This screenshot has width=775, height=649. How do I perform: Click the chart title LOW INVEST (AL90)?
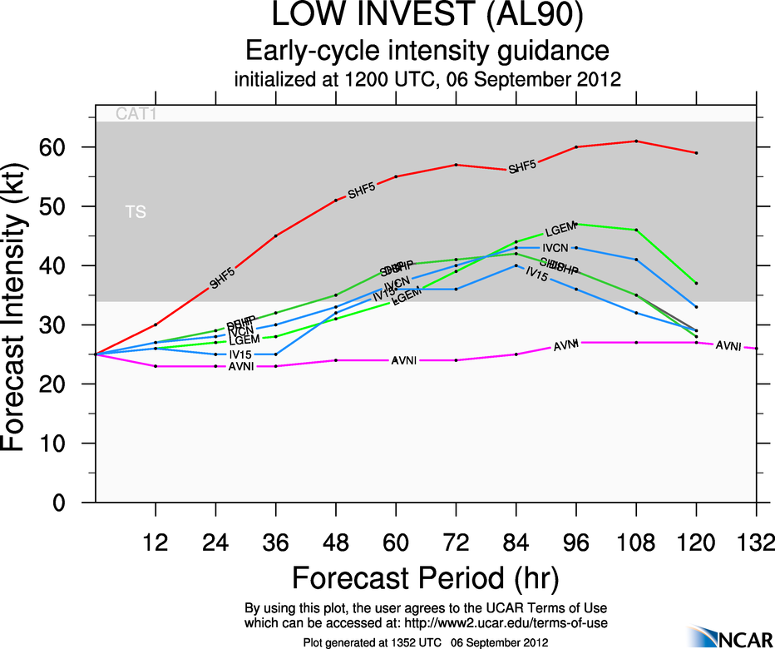tap(426, 16)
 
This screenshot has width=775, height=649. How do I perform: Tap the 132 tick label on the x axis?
tap(756, 542)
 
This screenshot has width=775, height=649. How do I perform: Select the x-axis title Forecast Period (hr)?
tap(425, 577)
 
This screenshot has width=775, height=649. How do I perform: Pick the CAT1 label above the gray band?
tap(136, 115)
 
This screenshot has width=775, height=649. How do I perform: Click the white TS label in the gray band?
tap(136, 213)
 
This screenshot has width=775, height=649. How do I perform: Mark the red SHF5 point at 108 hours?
tap(636, 141)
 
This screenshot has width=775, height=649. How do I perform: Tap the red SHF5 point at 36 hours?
tap(276, 235)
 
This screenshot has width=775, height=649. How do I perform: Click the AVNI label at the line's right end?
tap(728, 345)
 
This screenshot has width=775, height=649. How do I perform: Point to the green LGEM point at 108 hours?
tap(636, 230)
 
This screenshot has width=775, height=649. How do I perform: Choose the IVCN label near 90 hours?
tap(555, 248)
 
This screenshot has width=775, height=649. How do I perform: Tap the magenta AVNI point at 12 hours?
tap(155, 366)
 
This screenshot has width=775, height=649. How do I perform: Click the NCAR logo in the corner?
tap(729, 637)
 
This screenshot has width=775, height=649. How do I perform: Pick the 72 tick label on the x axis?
tap(456, 542)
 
